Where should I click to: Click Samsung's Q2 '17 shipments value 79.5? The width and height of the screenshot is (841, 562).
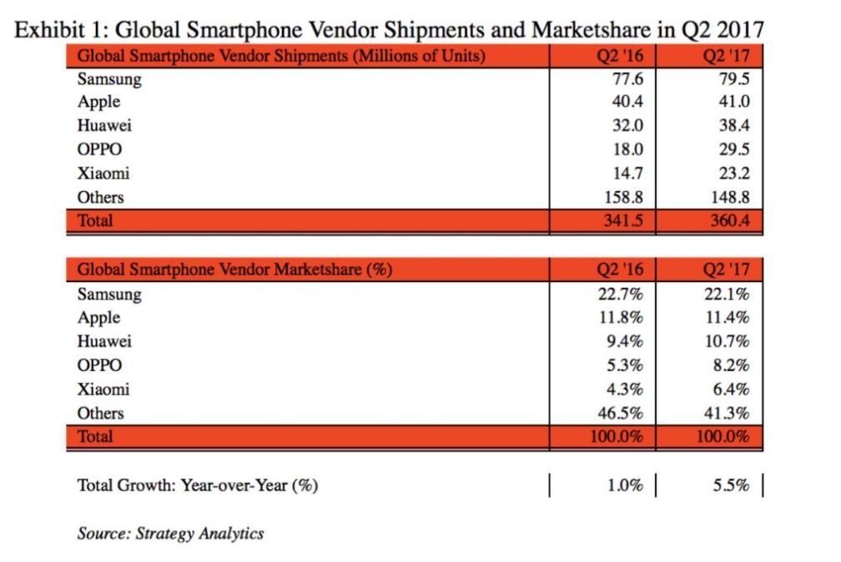click(x=733, y=78)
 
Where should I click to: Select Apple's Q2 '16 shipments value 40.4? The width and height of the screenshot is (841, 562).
click(x=627, y=101)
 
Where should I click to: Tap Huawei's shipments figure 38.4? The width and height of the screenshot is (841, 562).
click(x=733, y=125)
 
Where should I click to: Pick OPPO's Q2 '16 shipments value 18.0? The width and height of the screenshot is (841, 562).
click(x=628, y=149)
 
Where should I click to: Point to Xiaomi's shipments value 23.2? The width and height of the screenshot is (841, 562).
click(x=733, y=174)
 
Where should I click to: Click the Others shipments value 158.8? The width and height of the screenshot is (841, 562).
click(x=623, y=197)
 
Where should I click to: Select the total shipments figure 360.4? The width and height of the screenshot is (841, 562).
click(x=729, y=220)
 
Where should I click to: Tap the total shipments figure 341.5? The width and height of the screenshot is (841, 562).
click(x=623, y=220)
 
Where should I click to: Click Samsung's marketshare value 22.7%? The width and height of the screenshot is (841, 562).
click(x=621, y=294)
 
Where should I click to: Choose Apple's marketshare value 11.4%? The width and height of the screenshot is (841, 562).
click(x=728, y=318)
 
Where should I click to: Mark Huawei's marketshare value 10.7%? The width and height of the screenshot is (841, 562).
click(x=728, y=342)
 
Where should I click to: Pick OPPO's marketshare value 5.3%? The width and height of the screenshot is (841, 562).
click(x=625, y=366)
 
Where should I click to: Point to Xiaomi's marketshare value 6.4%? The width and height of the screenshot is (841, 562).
click(x=731, y=389)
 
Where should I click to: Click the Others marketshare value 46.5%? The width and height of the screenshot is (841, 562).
click(x=621, y=413)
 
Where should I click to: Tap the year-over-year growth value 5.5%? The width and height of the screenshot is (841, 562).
click(x=731, y=485)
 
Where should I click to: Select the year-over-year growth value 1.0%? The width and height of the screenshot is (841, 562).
click(x=625, y=485)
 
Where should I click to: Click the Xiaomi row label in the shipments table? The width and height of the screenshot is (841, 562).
click(x=103, y=174)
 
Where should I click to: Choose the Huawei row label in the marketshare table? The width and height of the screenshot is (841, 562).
click(x=104, y=342)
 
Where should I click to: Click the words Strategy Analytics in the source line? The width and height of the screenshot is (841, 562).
click(x=199, y=534)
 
